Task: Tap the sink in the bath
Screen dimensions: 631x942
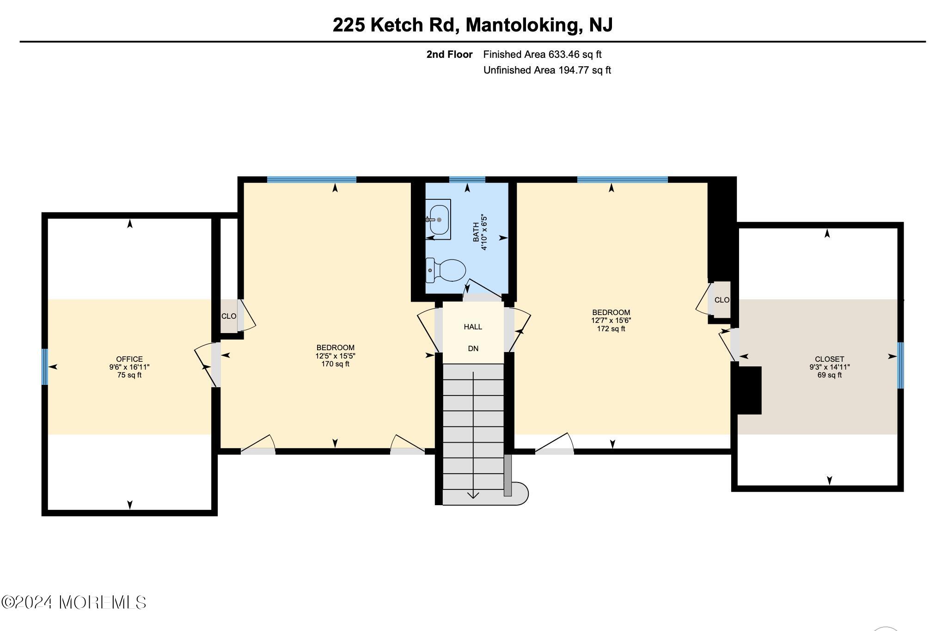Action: pyautogui.click(x=438, y=220)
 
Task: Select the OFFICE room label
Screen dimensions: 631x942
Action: pyautogui.click(x=129, y=359)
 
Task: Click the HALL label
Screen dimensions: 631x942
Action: pyautogui.click(x=473, y=327)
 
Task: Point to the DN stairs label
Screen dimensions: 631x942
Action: pyautogui.click(x=473, y=348)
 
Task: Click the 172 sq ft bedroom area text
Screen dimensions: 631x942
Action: pyautogui.click(x=611, y=329)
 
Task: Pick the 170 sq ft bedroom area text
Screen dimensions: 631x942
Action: pyautogui.click(x=335, y=364)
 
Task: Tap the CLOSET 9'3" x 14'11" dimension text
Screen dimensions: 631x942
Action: pyautogui.click(x=829, y=367)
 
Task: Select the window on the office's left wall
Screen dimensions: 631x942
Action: pyautogui.click(x=44, y=367)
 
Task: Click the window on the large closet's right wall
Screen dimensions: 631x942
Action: pyautogui.click(x=900, y=365)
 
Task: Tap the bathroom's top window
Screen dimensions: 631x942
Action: pyautogui.click(x=467, y=179)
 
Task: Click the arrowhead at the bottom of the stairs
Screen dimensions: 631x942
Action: pyautogui.click(x=473, y=496)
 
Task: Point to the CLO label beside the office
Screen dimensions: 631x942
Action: pyautogui.click(x=229, y=316)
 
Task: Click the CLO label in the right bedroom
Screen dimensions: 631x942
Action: pyautogui.click(x=722, y=300)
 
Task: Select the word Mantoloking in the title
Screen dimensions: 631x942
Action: pyautogui.click(x=522, y=25)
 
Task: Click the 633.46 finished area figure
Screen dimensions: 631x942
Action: pyautogui.click(x=563, y=54)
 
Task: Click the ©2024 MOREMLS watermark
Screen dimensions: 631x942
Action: pyautogui.click(x=74, y=602)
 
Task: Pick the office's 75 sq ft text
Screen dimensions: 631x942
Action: pyautogui.click(x=129, y=375)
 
